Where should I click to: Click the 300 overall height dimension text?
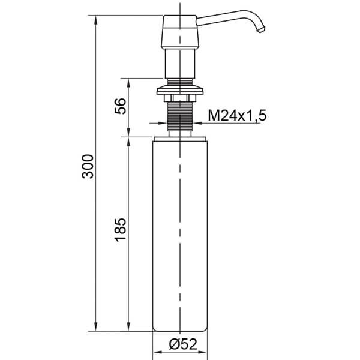click(x=88, y=166)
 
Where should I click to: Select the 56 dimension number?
click(x=120, y=106)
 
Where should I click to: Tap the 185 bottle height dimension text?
click(x=120, y=230)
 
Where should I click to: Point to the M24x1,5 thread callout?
click(x=236, y=116)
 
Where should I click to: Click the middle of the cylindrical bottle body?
click(x=180, y=234)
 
